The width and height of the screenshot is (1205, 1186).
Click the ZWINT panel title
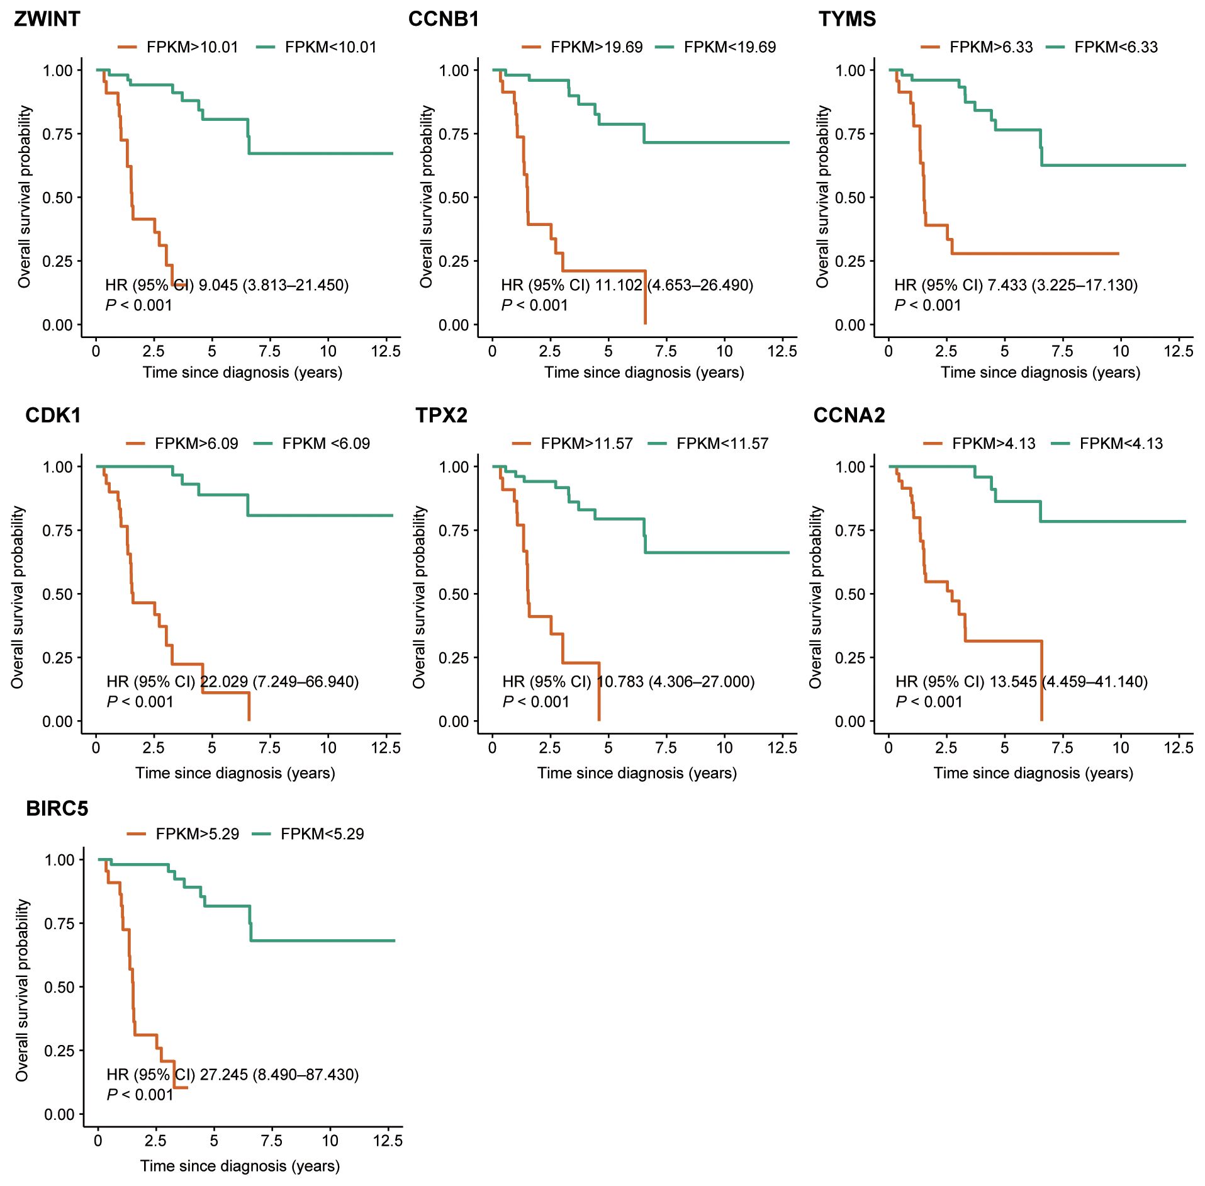[47, 19]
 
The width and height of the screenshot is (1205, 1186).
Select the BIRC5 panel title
[57, 808]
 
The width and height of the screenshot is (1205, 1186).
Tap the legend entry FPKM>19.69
[596, 47]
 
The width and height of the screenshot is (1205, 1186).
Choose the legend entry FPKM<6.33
[1116, 47]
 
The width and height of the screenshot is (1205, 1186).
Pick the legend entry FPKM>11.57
[586, 444]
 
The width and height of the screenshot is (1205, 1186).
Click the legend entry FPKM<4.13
[1121, 444]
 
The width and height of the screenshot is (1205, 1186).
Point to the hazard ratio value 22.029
[223, 682]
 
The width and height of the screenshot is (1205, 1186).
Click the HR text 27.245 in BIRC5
[224, 1075]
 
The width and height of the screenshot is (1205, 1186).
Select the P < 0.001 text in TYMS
[928, 305]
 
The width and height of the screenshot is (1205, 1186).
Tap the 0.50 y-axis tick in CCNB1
[454, 198]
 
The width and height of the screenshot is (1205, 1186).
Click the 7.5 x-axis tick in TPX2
[666, 748]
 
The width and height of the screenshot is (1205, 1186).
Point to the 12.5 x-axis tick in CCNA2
[1178, 748]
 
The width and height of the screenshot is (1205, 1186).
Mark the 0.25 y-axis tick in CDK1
[57, 658]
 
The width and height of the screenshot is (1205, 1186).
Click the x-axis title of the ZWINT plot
[242, 373]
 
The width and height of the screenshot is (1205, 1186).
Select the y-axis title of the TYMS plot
[822, 196]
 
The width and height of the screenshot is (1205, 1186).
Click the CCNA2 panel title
[849, 415]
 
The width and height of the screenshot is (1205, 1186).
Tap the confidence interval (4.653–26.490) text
[699, 285]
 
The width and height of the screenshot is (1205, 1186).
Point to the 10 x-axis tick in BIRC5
[330, 1141]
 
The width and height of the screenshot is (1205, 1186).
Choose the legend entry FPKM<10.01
[330, 47]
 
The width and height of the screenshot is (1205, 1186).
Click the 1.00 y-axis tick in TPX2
[454, 467]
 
